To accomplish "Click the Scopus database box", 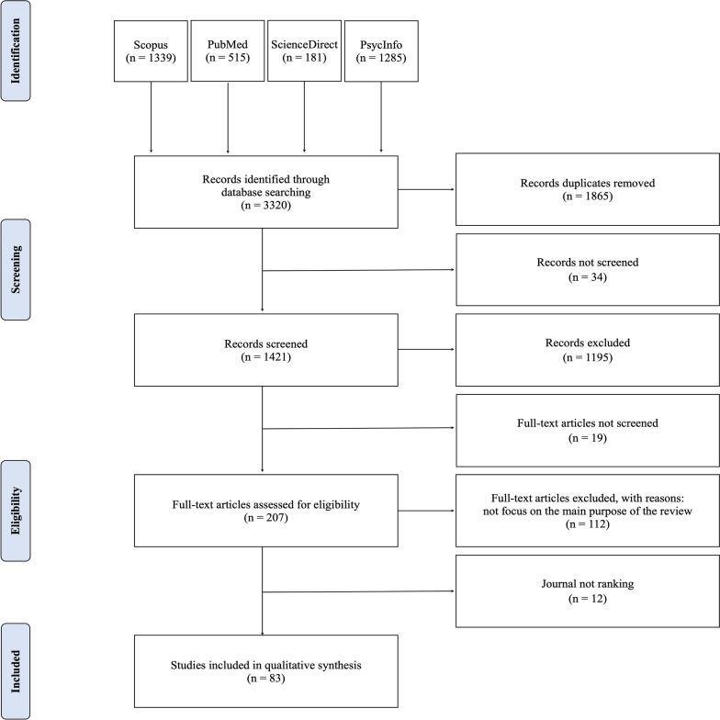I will point(152,51).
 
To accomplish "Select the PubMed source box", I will point(228,51).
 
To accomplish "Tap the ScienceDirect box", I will point(305,51).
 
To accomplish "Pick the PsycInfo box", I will point(381,51).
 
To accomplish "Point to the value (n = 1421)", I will point(266,358).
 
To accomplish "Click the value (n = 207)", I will point(266,518).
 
